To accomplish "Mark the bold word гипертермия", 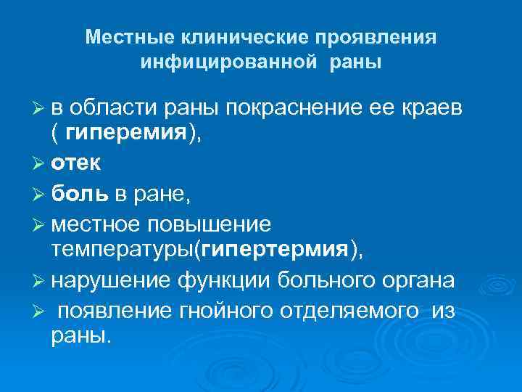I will coord(275,250).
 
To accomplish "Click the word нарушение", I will coord(111,280).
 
